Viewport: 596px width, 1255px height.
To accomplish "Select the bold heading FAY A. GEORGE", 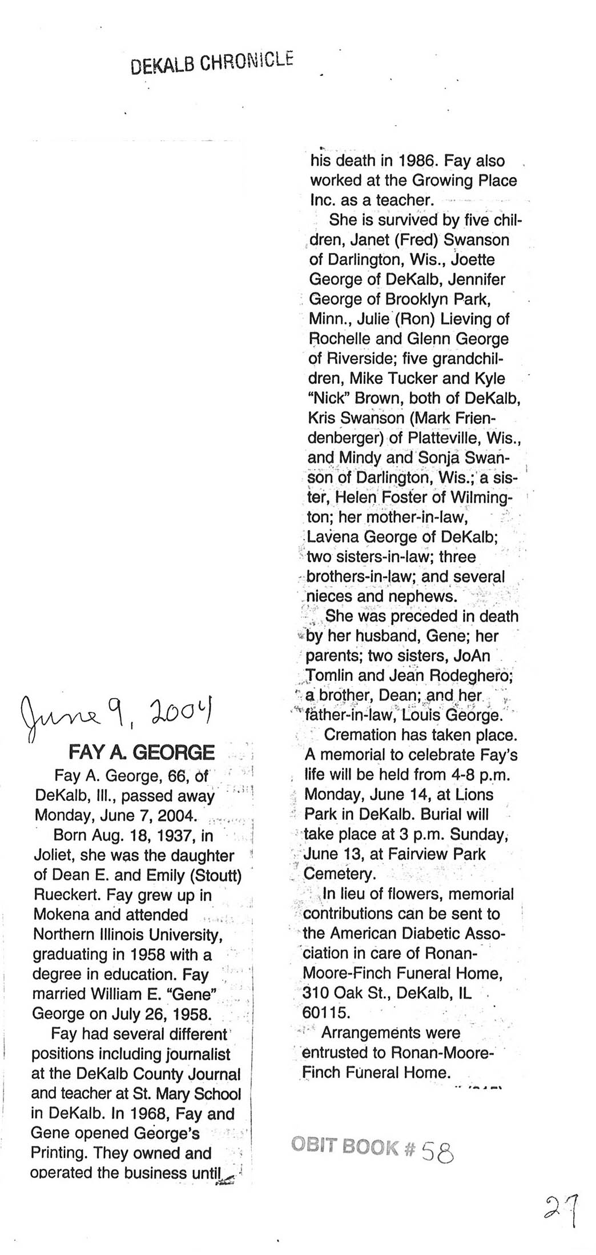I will click(x=142, y=752).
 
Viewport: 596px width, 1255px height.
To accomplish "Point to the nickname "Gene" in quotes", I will click(x=192, y=994).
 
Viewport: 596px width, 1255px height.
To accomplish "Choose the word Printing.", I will click(x=60, y=1153).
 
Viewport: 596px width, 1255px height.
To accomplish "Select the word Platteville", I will click(x=437, y=438).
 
